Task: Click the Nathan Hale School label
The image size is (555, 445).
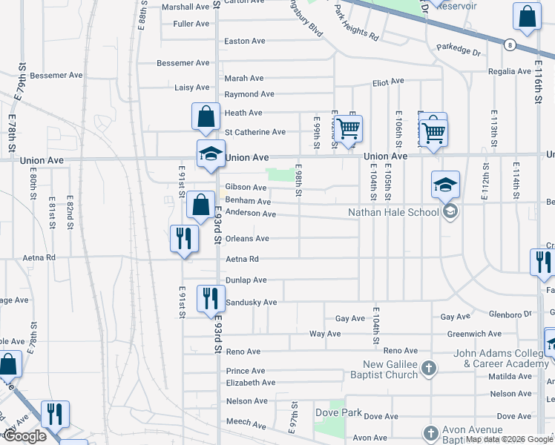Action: [393, 213]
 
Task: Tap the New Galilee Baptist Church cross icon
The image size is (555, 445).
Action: [428, 368]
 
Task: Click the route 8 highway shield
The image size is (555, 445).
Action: [510, 44]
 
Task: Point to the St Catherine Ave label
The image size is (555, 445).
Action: [254, 132]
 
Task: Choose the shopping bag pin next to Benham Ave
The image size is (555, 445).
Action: [200, 205]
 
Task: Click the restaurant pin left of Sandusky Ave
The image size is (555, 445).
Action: [210, 299]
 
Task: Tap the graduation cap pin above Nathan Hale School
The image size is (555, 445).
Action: [445, 185]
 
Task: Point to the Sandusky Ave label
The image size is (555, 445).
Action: [251, 303]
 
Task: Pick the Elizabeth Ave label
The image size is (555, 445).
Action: [251, 383]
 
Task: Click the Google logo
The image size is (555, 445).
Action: [24, 437]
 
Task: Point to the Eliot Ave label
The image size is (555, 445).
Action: [387, 81]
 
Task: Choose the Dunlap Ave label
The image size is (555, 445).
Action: [246, 280]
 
